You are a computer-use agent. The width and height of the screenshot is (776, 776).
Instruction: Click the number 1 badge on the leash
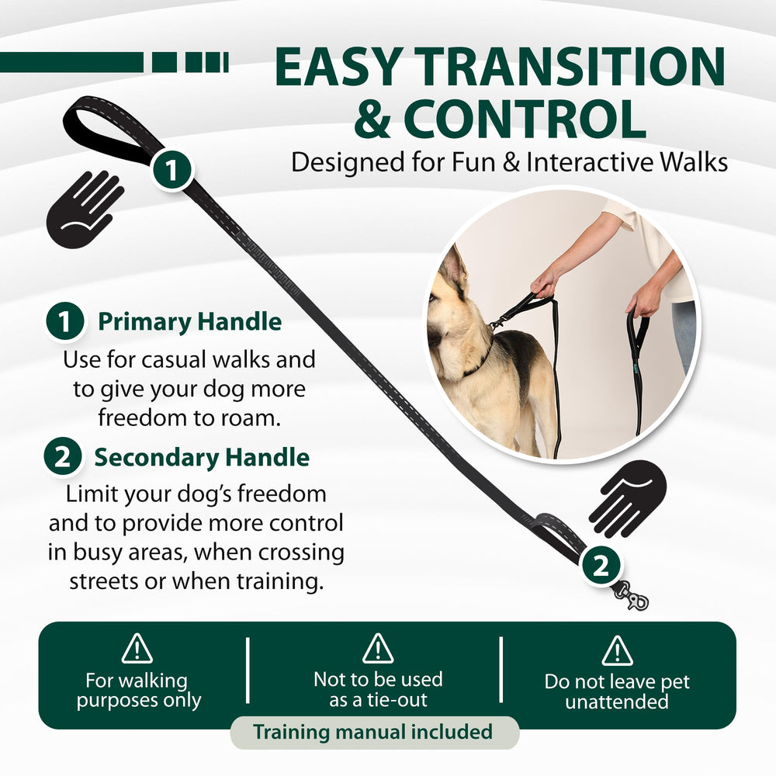coord(171,170)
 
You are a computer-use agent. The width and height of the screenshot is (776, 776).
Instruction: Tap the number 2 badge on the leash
coord(601,565)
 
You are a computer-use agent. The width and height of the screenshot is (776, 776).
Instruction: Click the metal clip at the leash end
coord(630,595)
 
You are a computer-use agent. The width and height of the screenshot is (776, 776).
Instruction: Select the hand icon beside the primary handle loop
coord(85,209)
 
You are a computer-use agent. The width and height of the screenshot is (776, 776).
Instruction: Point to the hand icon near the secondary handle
coord(627,498)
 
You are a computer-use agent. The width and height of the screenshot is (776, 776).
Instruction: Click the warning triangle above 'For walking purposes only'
coord(137,648)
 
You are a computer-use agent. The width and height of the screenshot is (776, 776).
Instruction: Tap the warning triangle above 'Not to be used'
coord(378,648)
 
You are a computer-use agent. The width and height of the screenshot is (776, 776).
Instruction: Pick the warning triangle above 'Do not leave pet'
coord(617,651)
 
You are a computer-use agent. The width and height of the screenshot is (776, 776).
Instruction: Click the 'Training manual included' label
coord(373,732)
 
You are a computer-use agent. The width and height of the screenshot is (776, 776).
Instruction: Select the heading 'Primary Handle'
coord(190,321)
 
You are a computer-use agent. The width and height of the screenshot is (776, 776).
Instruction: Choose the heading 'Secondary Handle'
coord(202,457)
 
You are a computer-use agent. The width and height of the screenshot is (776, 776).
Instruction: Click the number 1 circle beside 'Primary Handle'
coord(65,321)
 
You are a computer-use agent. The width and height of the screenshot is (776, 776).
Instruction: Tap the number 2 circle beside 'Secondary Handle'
coord(63,456)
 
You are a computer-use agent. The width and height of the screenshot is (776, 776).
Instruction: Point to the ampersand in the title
coord(372,119)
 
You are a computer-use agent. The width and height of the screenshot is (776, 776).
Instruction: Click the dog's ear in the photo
coord(455,271)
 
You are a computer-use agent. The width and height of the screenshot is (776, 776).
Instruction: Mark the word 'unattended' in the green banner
coord(617,702)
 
